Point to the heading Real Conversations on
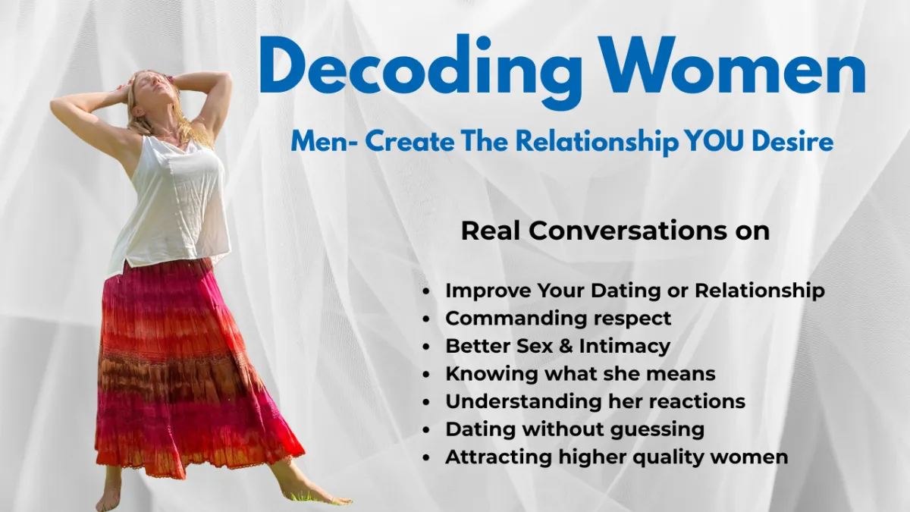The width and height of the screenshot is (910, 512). click(615, 231)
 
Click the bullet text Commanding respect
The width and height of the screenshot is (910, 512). click(558, 318)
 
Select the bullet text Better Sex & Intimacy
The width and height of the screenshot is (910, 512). click(558, 346)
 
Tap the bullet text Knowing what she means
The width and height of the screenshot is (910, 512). click(580, 373)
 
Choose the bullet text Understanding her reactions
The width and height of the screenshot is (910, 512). click(595, 401)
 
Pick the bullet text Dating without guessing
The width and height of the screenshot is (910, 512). click(575, 429)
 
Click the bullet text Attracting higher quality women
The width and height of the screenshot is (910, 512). click(617, 457)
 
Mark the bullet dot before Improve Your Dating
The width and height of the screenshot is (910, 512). click(428, 291)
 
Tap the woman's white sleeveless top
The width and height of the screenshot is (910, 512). click(174, 205)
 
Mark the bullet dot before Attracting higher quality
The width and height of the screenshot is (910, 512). click(428, 458)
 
